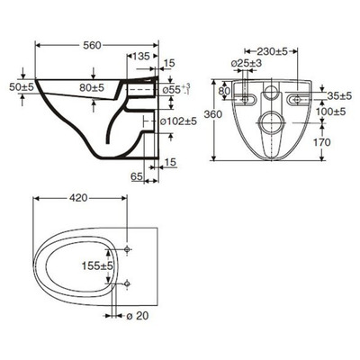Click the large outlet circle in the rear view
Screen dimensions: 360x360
[268, 121]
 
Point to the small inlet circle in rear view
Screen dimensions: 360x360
[268, 94]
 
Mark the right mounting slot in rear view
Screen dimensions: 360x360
[295, 94]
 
